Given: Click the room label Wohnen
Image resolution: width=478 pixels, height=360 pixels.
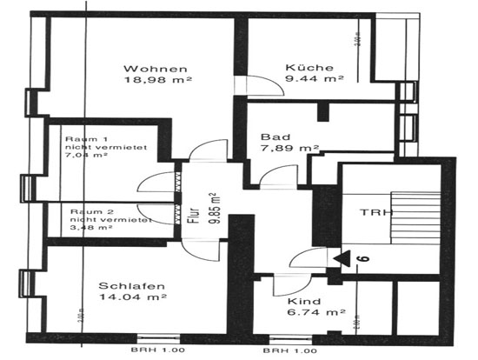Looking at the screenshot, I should point(156,69).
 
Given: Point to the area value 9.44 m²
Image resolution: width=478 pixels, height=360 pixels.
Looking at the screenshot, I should point(314,78).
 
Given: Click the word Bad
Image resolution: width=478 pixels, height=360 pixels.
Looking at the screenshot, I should point(271,137).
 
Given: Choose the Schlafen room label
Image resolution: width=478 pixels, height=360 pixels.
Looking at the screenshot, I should point(132,285).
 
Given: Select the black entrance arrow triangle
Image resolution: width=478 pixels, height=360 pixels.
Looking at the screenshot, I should point(342,257).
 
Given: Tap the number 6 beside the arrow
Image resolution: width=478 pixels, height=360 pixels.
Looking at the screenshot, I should point(364,257).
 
